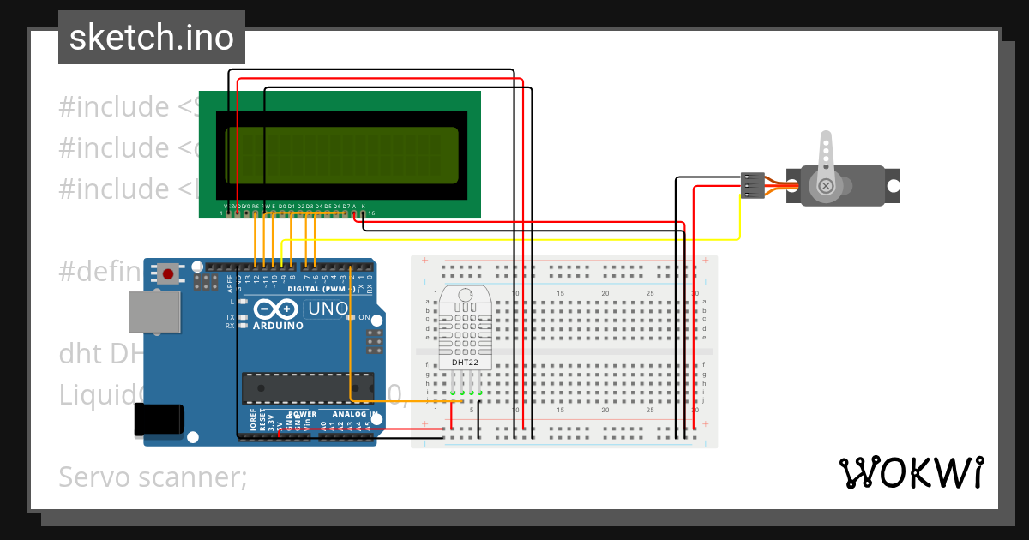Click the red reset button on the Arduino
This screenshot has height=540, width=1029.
pos(168,274)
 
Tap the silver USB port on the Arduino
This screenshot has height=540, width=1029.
pos(154,311)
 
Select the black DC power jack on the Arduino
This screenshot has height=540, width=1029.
pos(159,420)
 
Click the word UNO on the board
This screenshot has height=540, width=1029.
pos(327,309)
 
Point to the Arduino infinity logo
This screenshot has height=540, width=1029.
pos(276,309)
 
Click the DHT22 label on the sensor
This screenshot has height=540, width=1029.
pos(465,363)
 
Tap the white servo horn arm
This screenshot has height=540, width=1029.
pos(827,159)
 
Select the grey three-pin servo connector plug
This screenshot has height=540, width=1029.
pos(752,186)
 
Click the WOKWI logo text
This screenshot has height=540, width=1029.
pos(911,472)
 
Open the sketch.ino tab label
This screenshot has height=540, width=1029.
pos(152,38)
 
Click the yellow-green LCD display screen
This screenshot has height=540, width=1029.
pos(342,154)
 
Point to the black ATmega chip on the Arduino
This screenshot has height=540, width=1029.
pos(307,387)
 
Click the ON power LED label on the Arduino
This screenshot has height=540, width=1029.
pos(364,318)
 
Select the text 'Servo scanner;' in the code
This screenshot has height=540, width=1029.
pos(153,477)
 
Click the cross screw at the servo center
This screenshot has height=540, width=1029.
pos(826,186)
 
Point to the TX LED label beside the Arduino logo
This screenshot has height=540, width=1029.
pos(230,317)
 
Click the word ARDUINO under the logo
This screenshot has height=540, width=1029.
pos(279,326)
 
